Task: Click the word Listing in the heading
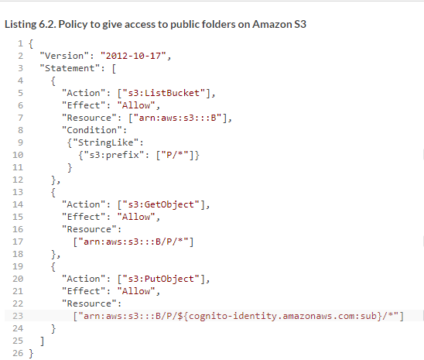[x=20, y=25]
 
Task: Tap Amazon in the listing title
[x=272, y=24]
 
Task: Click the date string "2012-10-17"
[x=133, y=56]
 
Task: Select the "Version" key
[x=64, y=56]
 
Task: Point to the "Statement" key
[x=70, y=68]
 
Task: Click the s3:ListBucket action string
[x=163, y=93]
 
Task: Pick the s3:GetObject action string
[x=161, y=204]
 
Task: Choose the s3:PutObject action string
[x=161, y=279]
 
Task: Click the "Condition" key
[x=92, y=130]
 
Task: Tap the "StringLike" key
[x=106, y=142]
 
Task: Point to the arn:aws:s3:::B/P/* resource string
[x=133, y=242]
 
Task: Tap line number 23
[x=18, y=316]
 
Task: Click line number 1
[x=20, y=43]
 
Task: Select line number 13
[x=18, y=192]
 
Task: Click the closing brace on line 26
[x=31, y=353]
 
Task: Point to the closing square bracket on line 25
[x=43, y=341]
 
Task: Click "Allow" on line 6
[x=136, y=105]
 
